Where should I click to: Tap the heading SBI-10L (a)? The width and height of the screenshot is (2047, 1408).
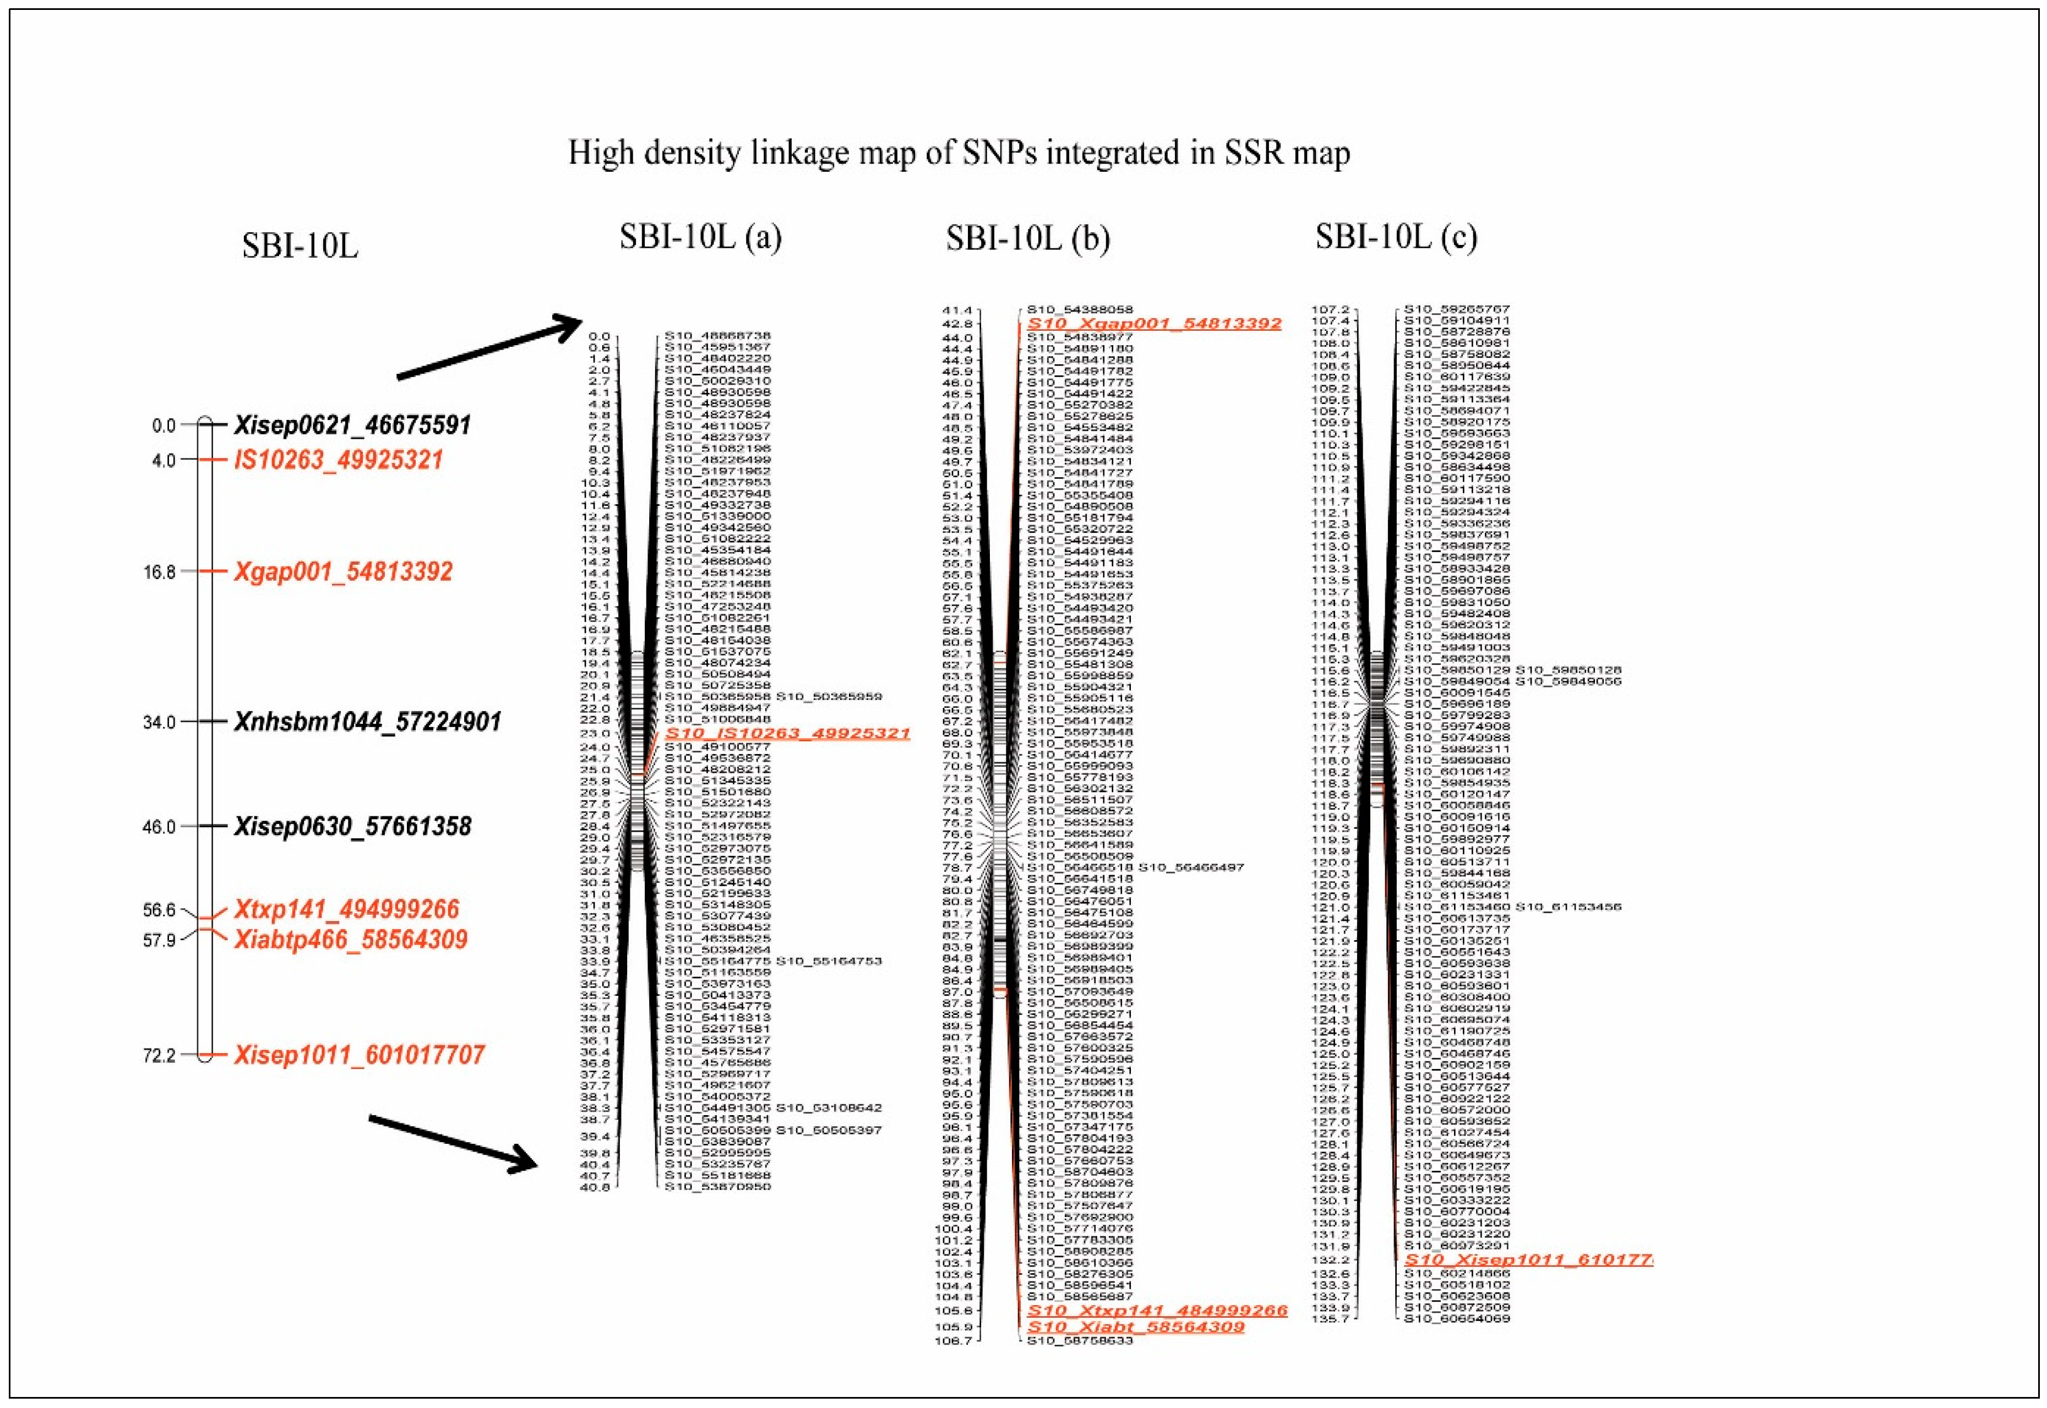700,237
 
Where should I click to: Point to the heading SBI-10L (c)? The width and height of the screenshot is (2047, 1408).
1395,237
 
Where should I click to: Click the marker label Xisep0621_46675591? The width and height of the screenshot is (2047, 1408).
352,425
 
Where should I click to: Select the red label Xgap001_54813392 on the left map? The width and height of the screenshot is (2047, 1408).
342,572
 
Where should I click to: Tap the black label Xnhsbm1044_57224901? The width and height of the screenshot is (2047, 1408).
367,723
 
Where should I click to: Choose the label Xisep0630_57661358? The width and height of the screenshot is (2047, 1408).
352,827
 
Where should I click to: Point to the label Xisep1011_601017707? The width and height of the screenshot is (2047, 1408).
359,1055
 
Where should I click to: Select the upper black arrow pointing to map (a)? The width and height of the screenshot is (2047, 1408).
489,350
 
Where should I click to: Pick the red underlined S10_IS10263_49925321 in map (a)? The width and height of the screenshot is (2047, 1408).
787,734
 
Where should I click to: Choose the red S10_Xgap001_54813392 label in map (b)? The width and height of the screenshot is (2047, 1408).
1153,324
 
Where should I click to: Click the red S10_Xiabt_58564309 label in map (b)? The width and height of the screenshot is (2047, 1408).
1136,1327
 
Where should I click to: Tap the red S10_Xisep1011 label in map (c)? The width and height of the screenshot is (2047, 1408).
1527,1260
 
